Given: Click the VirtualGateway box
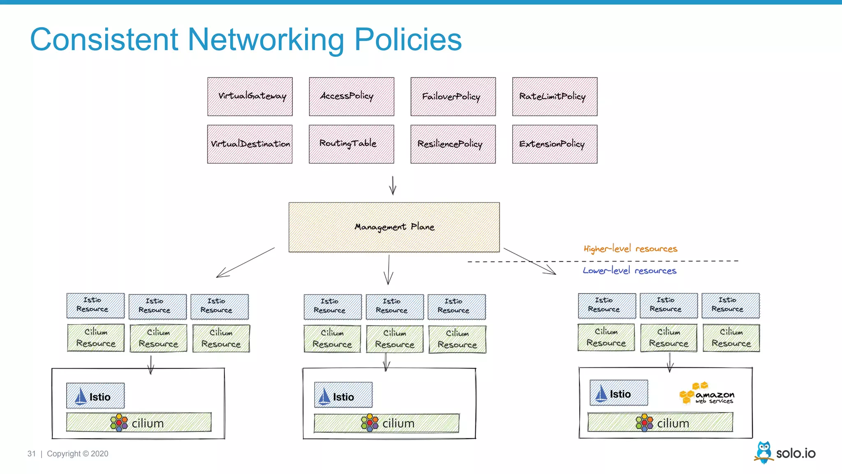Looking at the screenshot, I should [x=250, y=97].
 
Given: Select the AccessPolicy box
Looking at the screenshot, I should [x=352, y=97].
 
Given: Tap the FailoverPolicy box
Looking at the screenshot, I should [x=453, y=97].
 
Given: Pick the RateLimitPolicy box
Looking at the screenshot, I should [x=555, y=97].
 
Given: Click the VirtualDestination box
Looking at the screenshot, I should [x=250, y=144].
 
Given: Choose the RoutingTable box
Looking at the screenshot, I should [x=352, y=144].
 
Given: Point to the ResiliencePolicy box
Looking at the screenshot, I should [x=453, y=144].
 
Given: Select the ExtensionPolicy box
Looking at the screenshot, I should [x=555, y=144].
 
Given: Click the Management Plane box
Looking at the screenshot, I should [x=394, y=227].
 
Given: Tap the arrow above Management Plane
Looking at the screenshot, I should [x=393, y=186].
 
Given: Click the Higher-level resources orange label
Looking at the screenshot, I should [x=630, y=249].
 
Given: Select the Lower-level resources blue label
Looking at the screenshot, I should [x=629, y=270].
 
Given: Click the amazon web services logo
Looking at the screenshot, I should [x=706, y=393].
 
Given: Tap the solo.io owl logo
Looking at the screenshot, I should [x=764, y=452].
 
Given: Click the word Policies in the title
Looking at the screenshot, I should [x=408, y=39].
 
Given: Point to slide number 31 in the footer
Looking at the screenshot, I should [x=32, y=453].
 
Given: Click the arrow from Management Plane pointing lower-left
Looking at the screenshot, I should [x=245, y=263].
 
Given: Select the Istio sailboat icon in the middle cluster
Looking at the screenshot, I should [x=324, y=397].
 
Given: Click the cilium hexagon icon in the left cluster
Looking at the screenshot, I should [x=119, y=423].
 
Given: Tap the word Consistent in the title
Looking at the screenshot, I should [x=104, y=39].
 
